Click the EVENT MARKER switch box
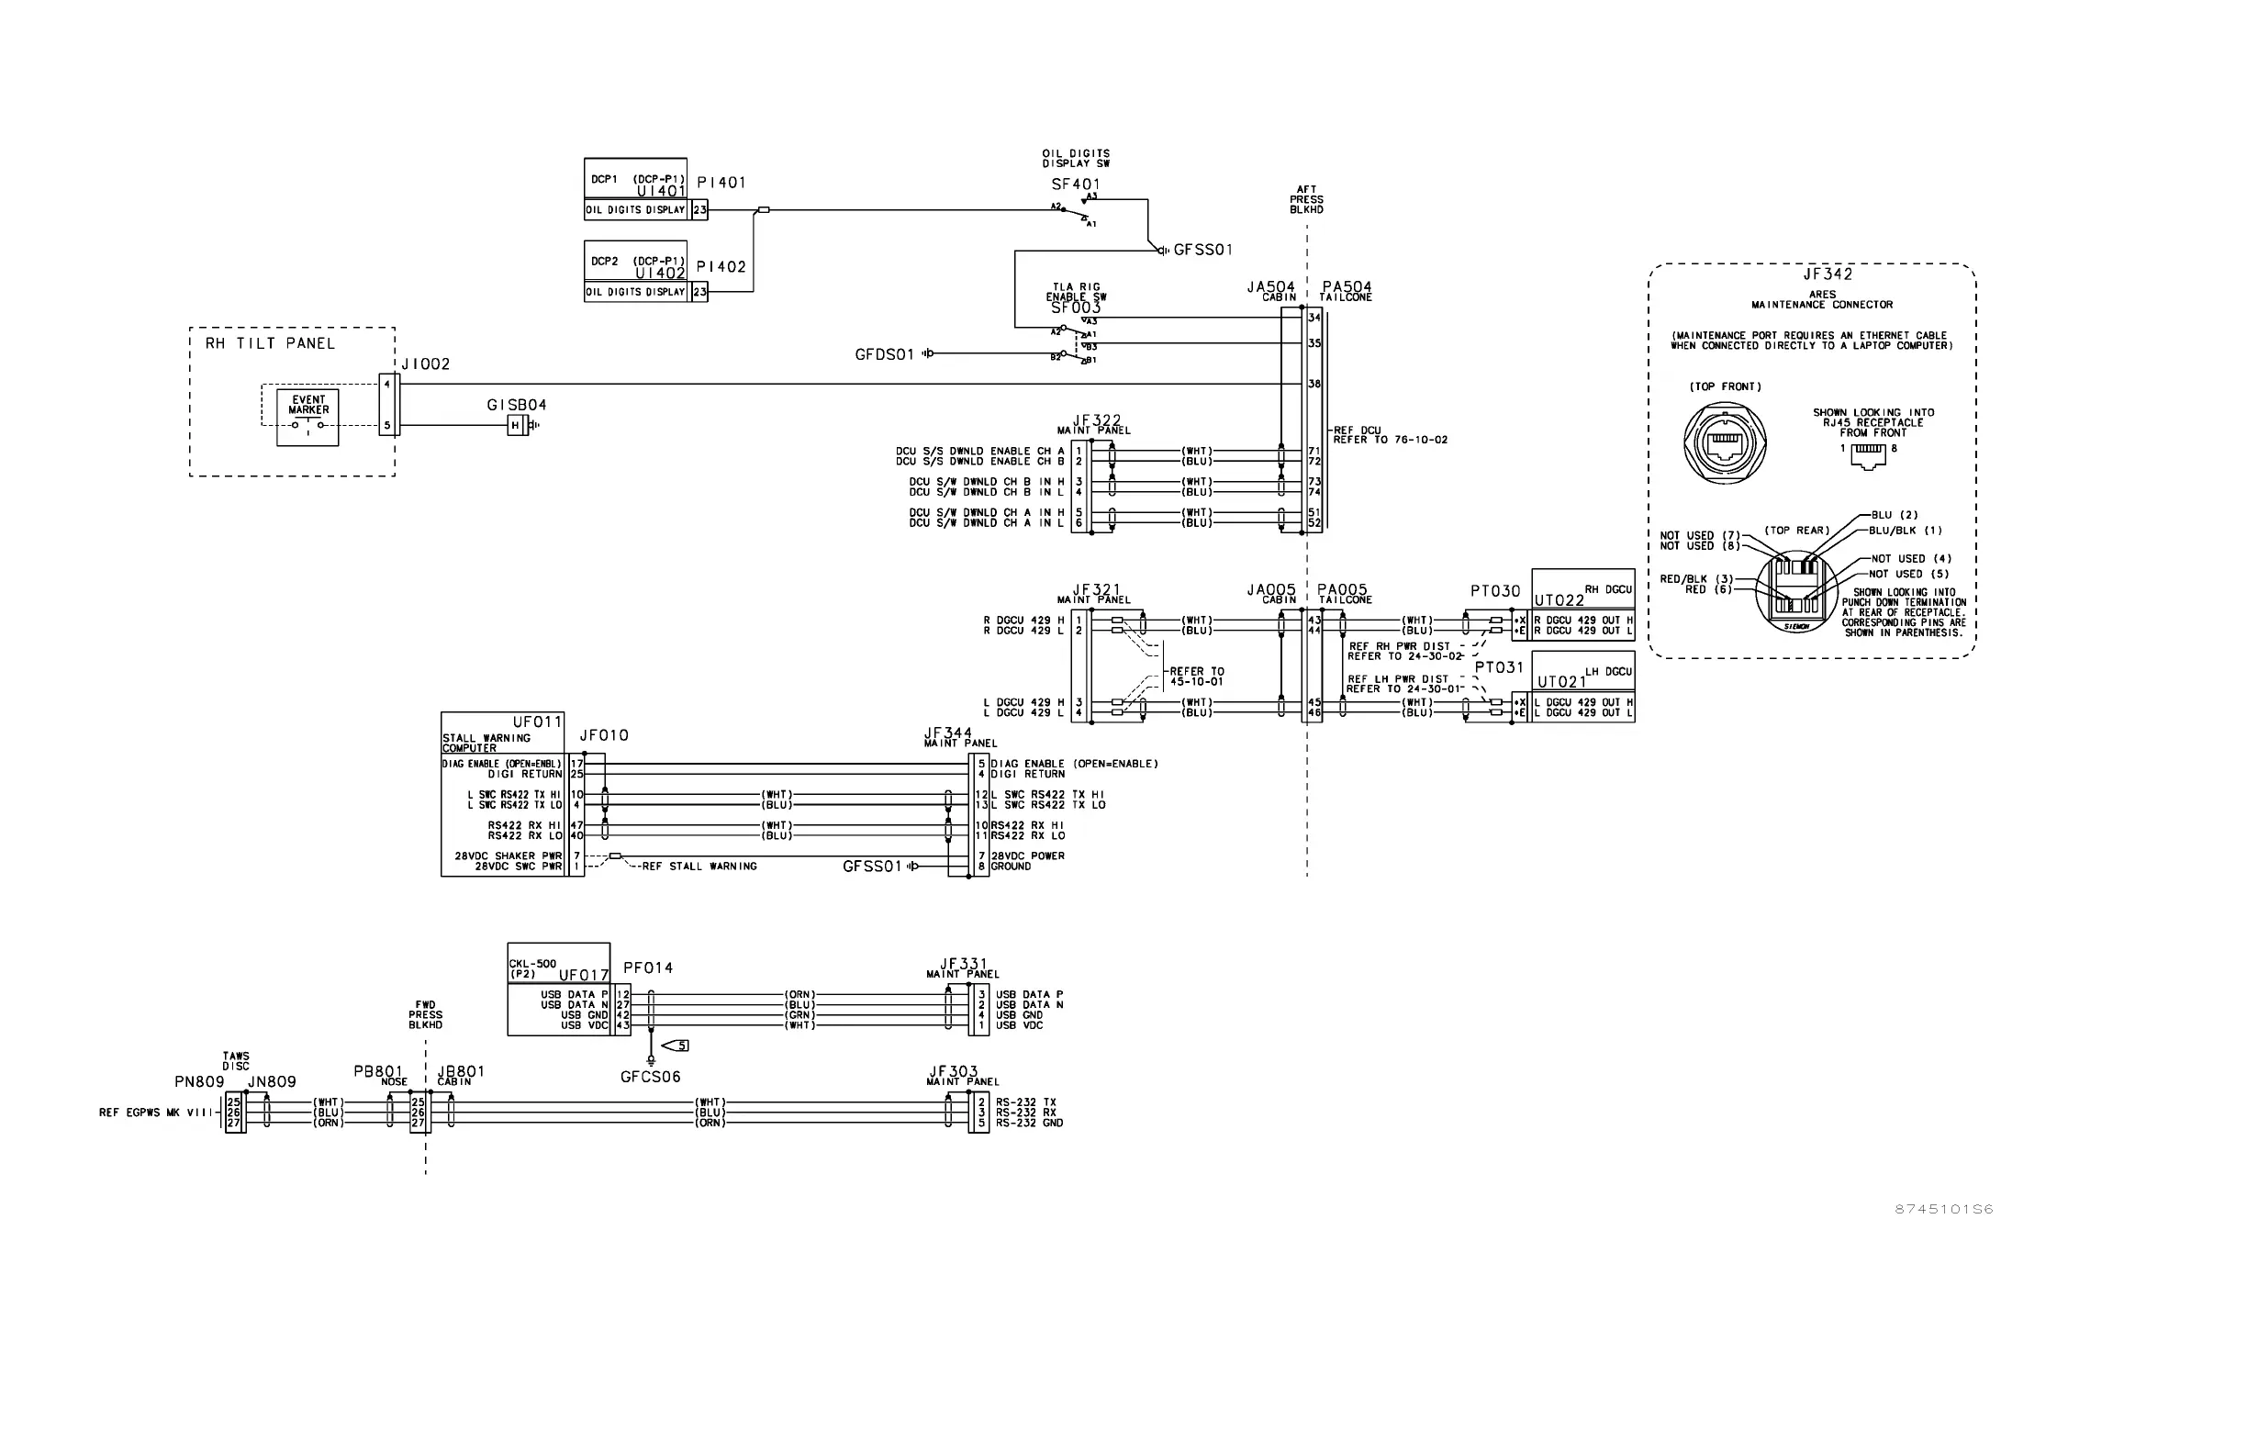tap(307, 418)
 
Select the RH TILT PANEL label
tap(270, 343)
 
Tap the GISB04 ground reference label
tap(517, 405)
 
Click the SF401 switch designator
tap(1076, 185)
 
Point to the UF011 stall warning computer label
tap(536, 722)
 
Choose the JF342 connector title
tap(1828, 274)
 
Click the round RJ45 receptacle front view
tap(1725, 442)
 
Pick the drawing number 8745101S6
tap(1944, 1210)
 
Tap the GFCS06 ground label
tap(651, 1077)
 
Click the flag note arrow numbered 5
tap(676, 1046)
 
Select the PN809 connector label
tap(199, 1082)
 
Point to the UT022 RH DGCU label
tap(1559, 600)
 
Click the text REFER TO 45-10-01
tap(1196, 677)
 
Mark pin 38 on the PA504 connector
tap(1314, 385)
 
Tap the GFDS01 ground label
tap(885, 355)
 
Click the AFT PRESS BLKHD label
tap(1307, 200)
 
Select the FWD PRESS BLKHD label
tap(425, 1015)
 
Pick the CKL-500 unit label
tap(532, 964)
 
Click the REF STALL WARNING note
tap(699, 867)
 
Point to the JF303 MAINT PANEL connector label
tap(954, 1072)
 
